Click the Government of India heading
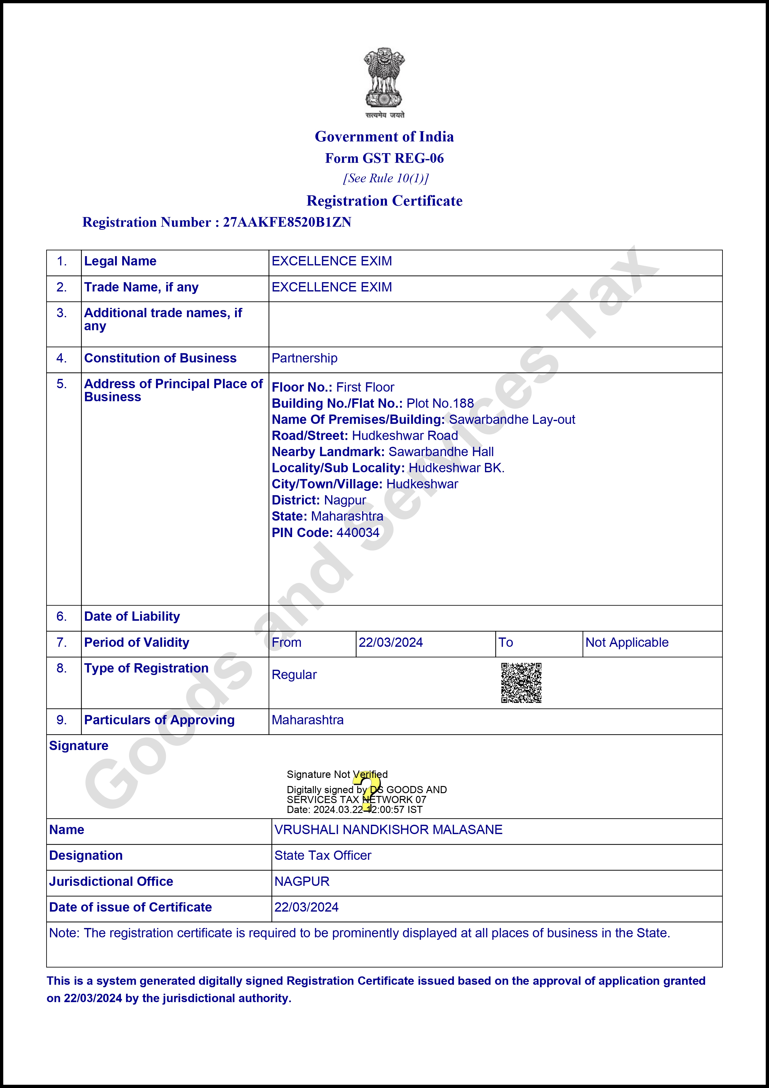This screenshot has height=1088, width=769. pyautogui.click(x=384, y=136)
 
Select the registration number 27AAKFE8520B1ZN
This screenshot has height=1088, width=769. pyautogui.click(x=287, y=222)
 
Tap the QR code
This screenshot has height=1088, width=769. pyautogui.click(x=521, y=682)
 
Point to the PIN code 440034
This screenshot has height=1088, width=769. pyautogui.click(x=358, y=533)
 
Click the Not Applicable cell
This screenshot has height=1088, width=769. pyautogui.click(x=627, y=642)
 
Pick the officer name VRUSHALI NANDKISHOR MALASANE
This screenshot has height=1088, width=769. pyautogui.click(x=388, y=830)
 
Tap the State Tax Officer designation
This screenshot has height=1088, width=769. pyautogui.click(x=323, y=855)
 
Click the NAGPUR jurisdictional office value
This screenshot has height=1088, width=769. pyautogui.click(x=302, y=882)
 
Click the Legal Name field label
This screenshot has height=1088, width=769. pyautogui.click(x=120, y=261)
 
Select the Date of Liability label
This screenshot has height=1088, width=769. pyautogui.click(x=132, y=616)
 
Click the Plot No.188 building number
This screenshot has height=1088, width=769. pyautogui.click(x=440, y=403)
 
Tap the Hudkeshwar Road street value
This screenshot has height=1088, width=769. pyautogui.click(x=405, y=436)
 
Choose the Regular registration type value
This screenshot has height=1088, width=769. pyautogui.click(x=294, y=675)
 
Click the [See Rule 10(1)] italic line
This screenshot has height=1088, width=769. pyautogui.click(x=386, y=178)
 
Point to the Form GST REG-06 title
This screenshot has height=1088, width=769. pyautogui.click(x=384, y=158)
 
